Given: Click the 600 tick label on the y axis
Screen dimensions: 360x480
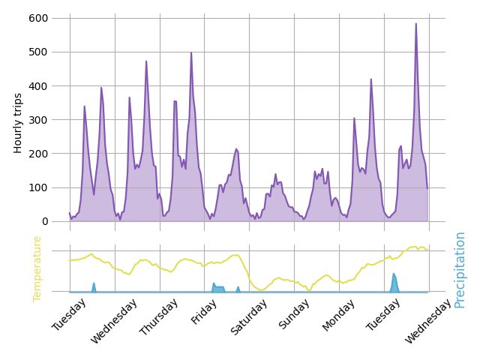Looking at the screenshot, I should pos(38,18).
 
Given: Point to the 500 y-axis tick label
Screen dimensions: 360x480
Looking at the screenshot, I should pos(38,52).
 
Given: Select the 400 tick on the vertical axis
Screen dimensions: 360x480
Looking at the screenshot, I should pos(38,85).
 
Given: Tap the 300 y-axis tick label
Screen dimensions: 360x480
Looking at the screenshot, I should pos(38,120).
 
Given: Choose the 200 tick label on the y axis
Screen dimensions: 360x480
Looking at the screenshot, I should pos(38,154).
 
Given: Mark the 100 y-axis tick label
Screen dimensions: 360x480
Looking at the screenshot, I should pos(38,187).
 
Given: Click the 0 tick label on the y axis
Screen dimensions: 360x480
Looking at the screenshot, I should pos(44,221).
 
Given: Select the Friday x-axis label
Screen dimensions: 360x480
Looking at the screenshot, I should pos(205,312).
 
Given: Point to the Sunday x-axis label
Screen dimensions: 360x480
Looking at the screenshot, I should pos(295,315).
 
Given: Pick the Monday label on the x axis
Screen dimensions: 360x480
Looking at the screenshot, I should pos(339,316).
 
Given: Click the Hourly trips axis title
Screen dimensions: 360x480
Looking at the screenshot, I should pos(19,123).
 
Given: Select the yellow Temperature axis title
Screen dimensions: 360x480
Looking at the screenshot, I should pos(37,268).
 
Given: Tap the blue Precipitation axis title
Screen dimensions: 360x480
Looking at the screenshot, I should pos(460,269).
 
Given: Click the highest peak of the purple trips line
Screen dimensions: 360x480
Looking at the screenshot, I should pos(416,23).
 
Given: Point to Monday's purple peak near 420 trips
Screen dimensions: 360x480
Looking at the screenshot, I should pos(370,79).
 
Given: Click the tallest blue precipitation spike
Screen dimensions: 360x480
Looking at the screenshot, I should pos(393,274).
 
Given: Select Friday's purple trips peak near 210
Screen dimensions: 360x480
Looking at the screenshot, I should pos(235,148).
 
